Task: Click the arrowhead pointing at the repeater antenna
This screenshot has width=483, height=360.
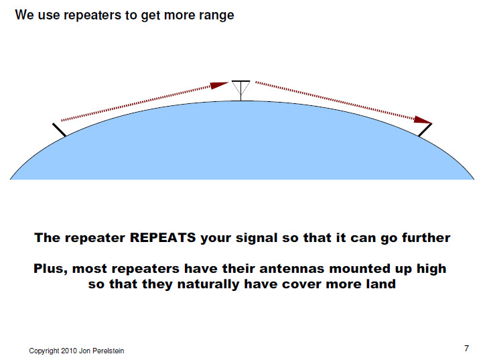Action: tap(220, 85)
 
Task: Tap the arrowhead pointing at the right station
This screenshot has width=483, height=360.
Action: tap(423, 121)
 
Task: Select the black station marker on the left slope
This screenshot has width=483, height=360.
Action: tap(58, 129)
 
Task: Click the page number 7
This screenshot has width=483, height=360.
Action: tap(466, 348)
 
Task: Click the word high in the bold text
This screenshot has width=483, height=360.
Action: tap(429, 269)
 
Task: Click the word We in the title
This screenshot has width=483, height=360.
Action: tap(23, 15)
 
